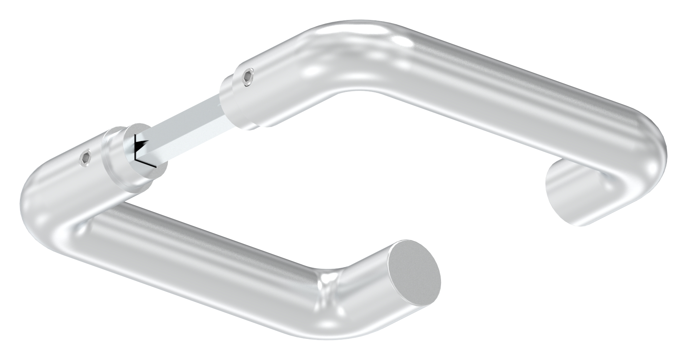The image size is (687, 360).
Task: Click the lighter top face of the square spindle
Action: (x=192, y=112)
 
